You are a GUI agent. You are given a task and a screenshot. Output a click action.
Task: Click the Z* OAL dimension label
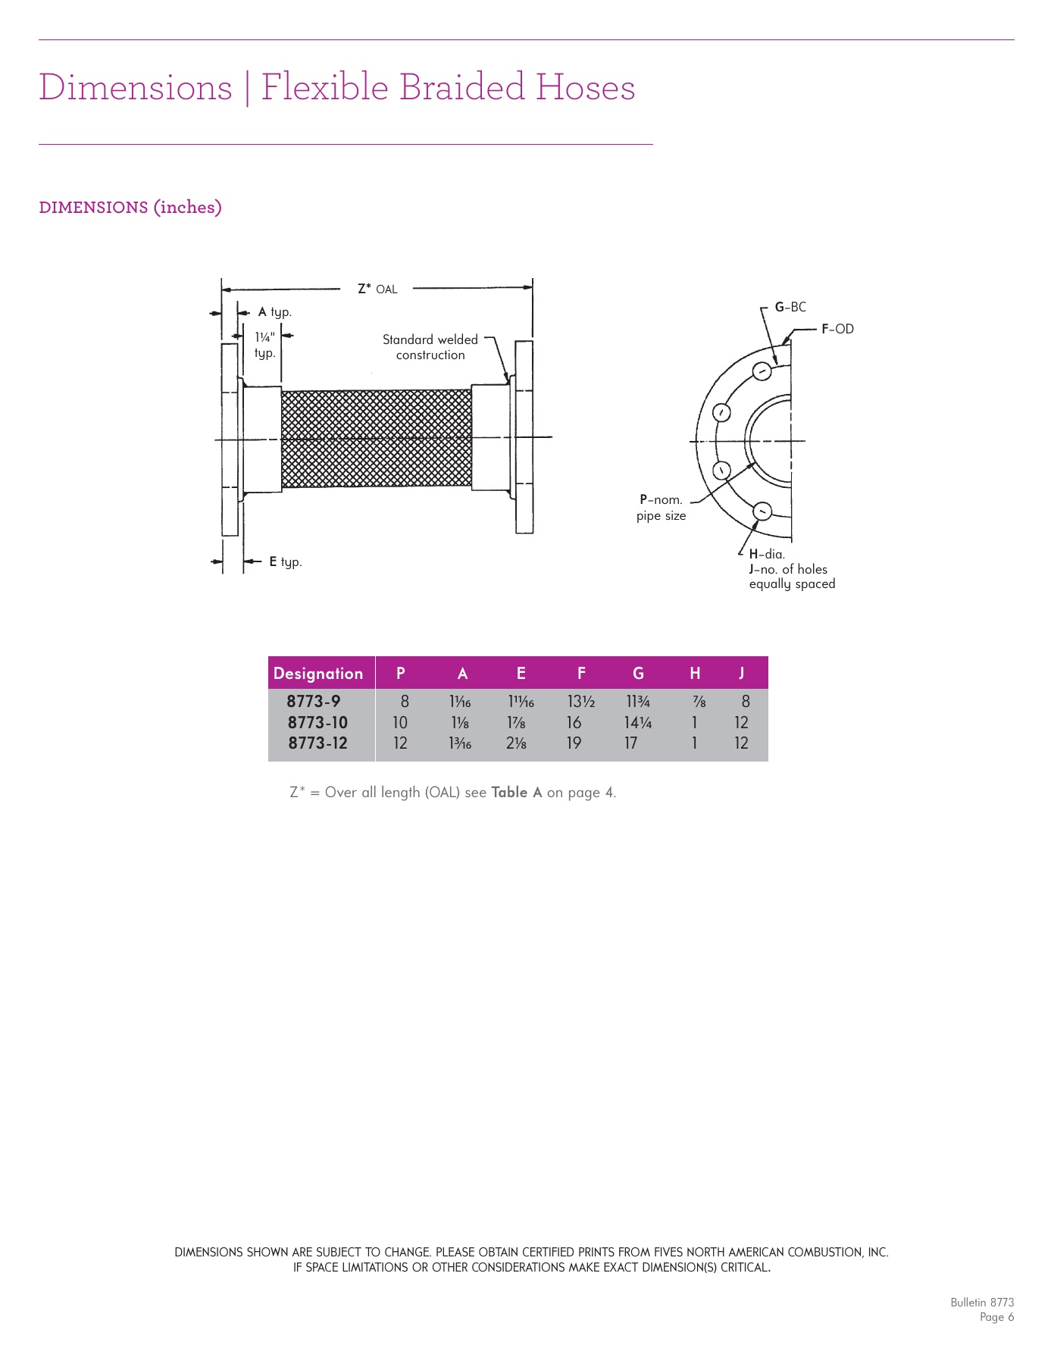377,289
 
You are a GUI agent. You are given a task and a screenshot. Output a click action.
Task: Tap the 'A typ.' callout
274,312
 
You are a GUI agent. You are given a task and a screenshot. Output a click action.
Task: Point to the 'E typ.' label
285,562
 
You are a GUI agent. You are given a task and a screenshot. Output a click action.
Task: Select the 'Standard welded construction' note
430,347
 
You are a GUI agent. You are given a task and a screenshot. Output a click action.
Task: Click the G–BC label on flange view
790,308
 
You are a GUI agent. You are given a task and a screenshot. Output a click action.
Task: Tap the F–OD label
837,329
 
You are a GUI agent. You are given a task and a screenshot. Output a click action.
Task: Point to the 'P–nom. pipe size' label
661,508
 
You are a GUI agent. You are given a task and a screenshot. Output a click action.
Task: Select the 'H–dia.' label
767,555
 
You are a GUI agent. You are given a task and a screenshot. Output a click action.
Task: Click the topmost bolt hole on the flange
762,371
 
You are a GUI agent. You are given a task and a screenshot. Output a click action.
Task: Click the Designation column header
318,674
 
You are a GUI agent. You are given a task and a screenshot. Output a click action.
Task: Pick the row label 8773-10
317,723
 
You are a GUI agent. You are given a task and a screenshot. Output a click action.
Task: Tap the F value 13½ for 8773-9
581,702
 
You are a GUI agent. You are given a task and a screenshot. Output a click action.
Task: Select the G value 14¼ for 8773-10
637,723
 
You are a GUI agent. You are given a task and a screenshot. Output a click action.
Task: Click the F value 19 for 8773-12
574,743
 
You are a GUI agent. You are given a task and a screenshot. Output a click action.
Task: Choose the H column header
695,674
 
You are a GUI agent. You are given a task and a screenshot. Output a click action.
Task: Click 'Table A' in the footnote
517,793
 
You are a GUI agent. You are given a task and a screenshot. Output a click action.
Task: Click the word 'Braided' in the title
461,87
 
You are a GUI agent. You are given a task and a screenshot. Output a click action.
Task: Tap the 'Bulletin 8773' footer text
982,1303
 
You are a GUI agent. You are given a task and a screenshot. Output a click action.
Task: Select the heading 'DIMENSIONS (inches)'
130,208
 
